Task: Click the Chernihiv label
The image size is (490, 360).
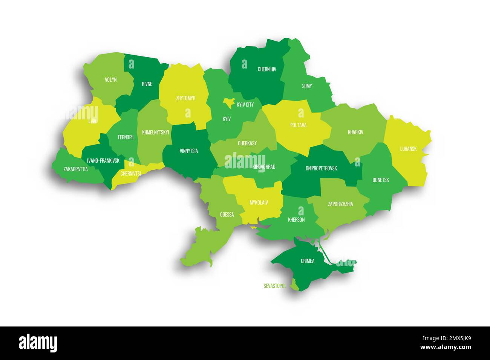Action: [267, 69]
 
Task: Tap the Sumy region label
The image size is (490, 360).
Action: [307, 86]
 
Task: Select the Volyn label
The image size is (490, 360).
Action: [111, 80]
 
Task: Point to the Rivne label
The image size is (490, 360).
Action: [147, 84]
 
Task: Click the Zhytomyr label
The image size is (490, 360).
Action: [185, 98]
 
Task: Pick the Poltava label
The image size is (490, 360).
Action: [298, 125]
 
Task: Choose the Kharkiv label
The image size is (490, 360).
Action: [355, 132]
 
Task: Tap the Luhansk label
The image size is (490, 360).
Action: [408, 149]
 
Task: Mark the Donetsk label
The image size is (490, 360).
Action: [381, 180]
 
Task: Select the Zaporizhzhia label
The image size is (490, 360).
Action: [340, 204]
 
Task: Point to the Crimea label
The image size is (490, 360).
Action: [308, 261]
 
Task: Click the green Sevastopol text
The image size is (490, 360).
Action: [275, 286]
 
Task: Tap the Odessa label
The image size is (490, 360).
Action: [227, 215]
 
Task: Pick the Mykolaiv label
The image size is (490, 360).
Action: [259, 203]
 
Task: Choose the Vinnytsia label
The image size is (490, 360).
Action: [189, 151]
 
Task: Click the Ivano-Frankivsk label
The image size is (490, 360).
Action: [103, 161]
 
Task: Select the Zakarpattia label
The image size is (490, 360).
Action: [75, 169]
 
